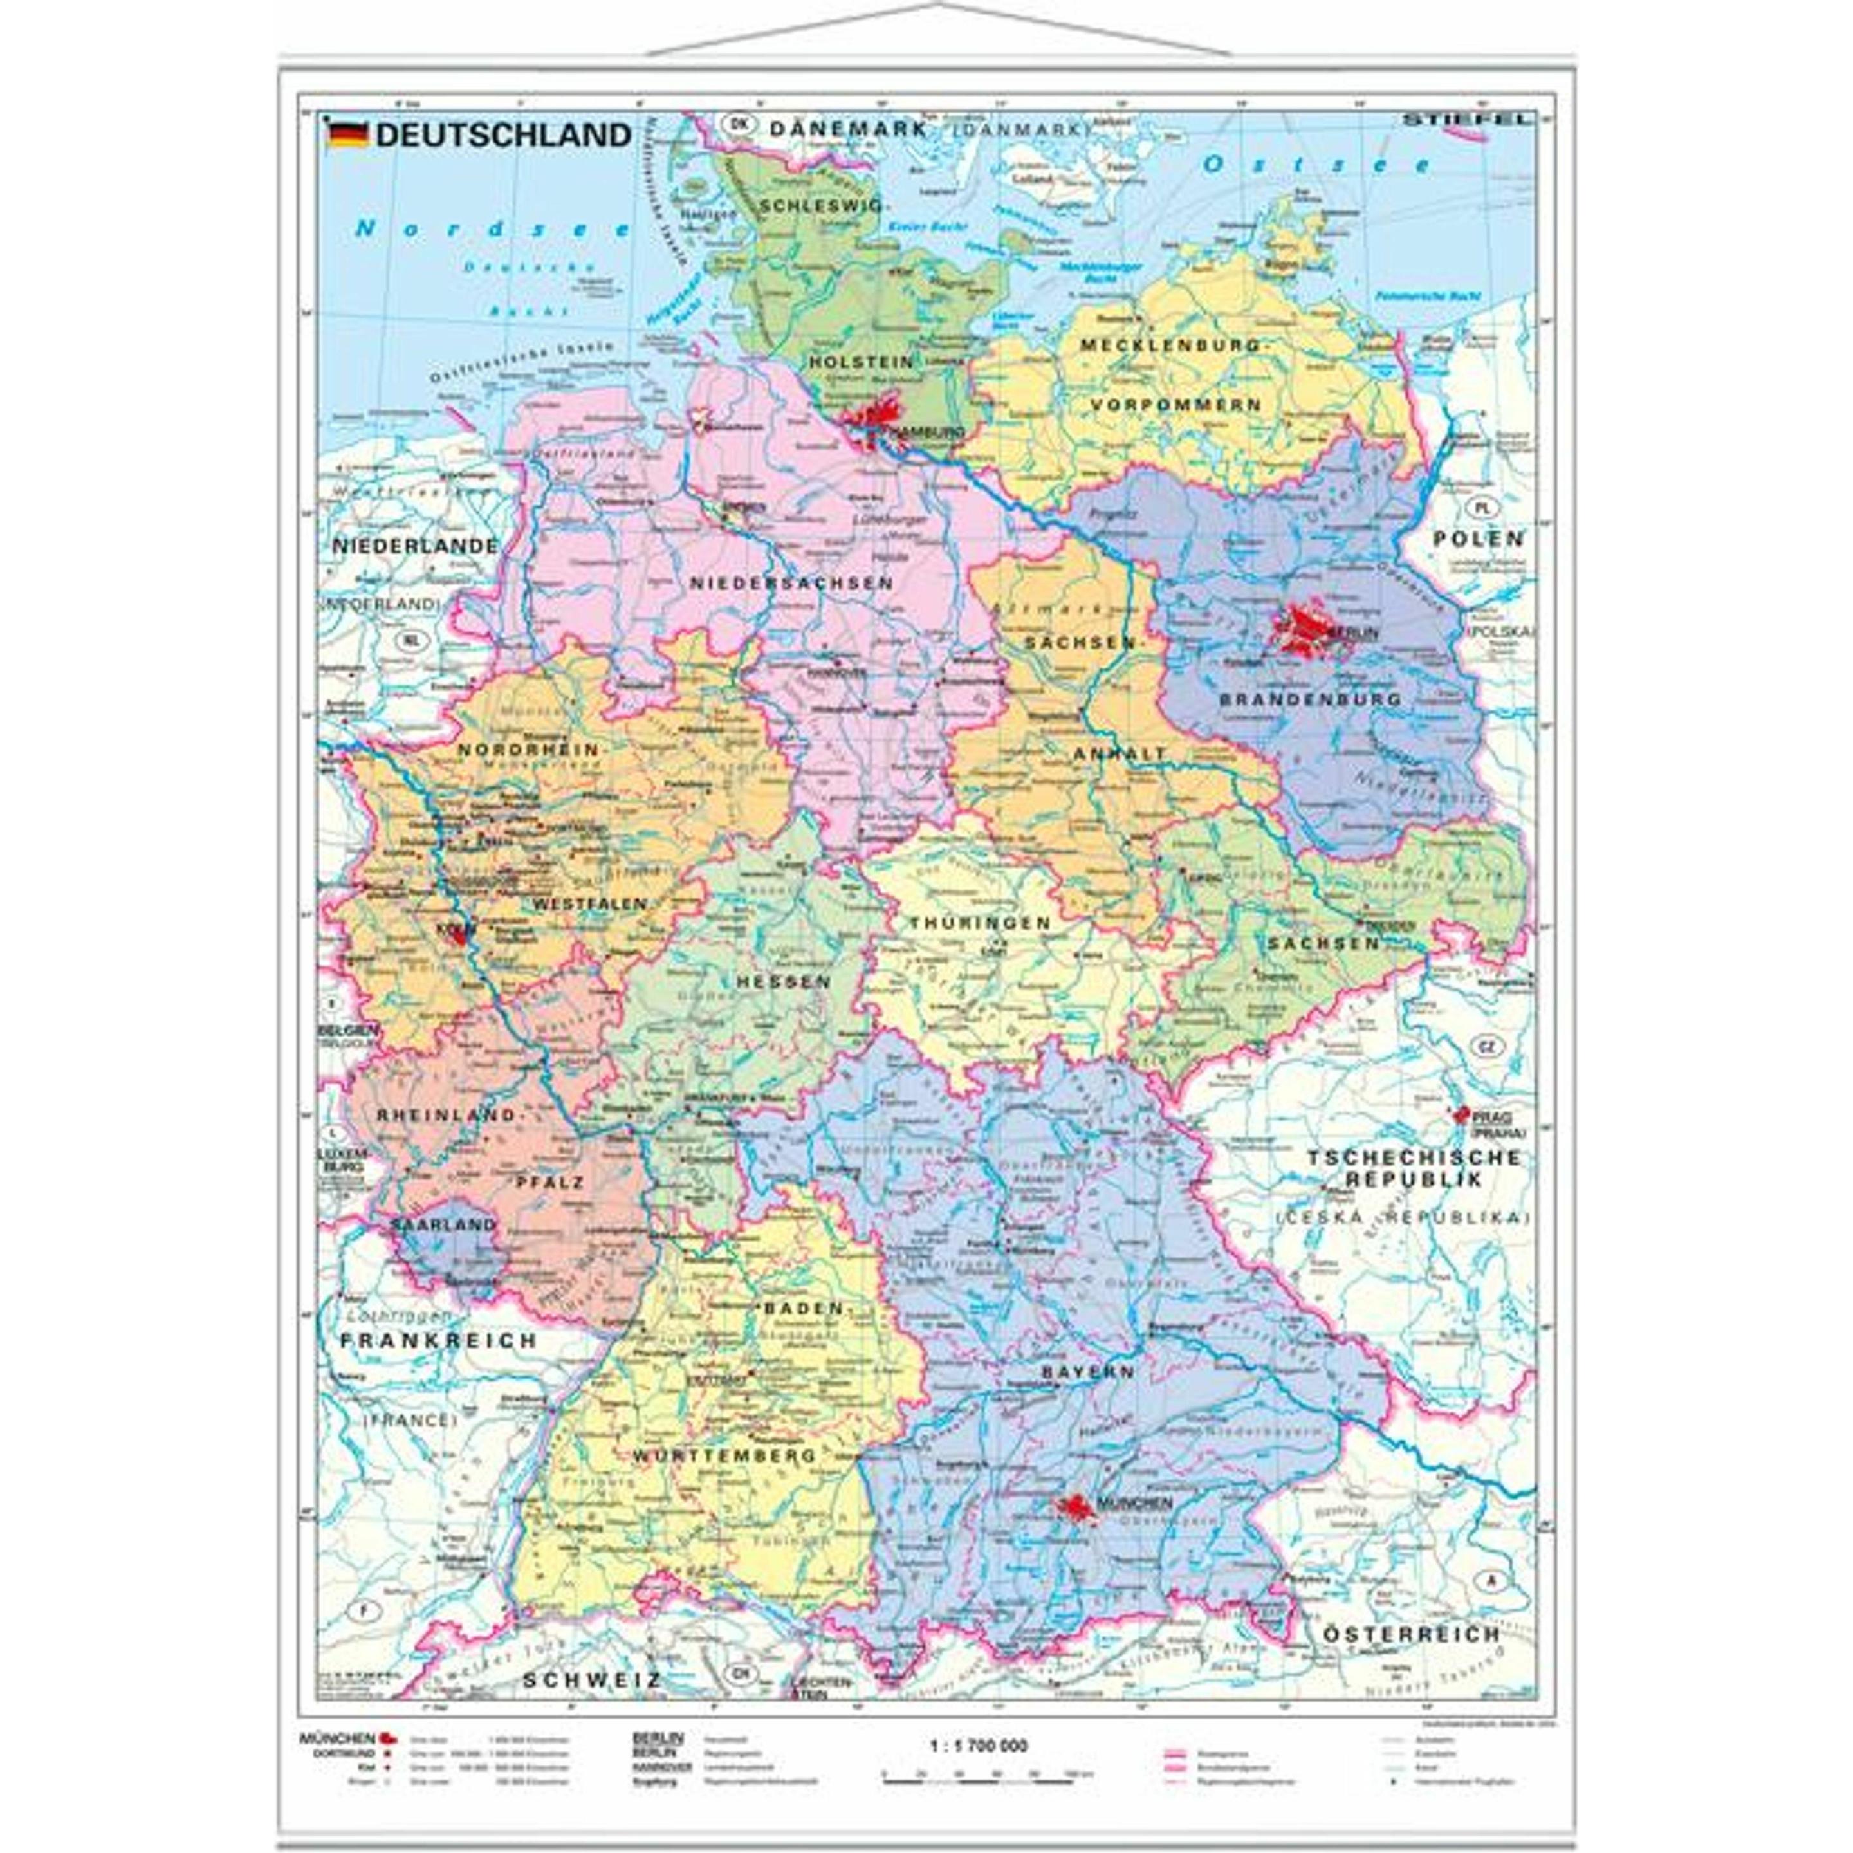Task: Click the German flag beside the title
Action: [x=348, y=134]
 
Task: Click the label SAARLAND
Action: [x=443, y=1225]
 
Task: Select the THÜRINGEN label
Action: [x=980, y=923]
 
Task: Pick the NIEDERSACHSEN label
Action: [x=792, y=583]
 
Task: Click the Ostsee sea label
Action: [x=1317, y=164]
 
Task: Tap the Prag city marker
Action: [x=1462, y=1116]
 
